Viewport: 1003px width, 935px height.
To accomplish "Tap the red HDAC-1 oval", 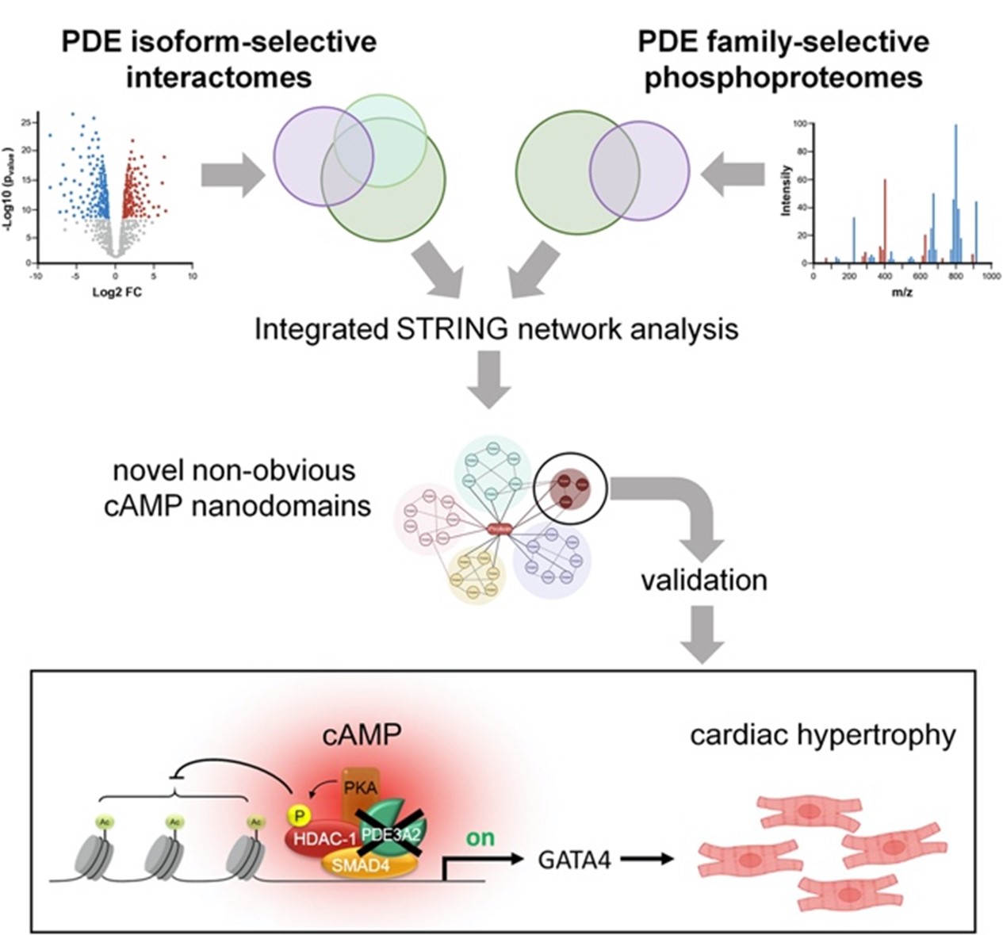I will pos(323,838).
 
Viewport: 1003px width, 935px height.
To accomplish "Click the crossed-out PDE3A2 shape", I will pos(391,832).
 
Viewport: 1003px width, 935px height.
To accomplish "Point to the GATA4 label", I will pos(574,860).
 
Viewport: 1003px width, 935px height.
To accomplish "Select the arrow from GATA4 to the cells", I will pos(646,860).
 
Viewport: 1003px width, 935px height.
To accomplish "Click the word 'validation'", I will pos(703,580).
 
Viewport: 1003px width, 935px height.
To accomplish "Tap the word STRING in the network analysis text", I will pos(441,328).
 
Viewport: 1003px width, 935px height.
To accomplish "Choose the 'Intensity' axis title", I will pos(785,190).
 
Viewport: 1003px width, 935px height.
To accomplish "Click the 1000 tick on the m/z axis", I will pos(990,276).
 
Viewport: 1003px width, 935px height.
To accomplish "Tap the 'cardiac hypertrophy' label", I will pos(822,735).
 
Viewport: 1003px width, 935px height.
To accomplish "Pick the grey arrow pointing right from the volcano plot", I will pos(232,175).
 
